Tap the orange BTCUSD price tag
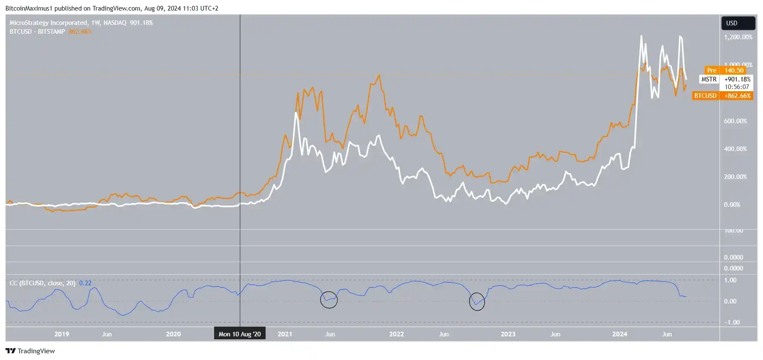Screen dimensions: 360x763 point(706,96)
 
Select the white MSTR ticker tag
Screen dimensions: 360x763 point(709,79)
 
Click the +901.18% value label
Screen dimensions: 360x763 point(738,79)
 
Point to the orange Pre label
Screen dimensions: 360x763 point(711,70)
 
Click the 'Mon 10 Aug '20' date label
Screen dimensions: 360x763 point(239,334)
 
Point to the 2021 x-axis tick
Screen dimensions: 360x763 point(285,334)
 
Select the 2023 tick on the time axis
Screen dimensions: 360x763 point(508,334)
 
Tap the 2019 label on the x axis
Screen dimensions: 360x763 point(62,334)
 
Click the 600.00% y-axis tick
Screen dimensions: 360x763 point(735,121)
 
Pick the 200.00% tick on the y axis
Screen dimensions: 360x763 point(735,177)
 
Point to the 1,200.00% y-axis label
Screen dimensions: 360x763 point(738,37)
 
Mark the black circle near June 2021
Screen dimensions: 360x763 point(329,300)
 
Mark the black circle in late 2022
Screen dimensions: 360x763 point(477,302)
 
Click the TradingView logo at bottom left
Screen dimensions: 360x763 point(30,351)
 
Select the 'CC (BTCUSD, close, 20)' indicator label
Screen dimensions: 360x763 point(42,283)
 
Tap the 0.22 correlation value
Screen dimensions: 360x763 point(85,283)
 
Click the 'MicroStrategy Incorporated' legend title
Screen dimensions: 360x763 point(48,23)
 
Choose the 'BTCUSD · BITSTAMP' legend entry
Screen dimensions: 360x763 point(37,32)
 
